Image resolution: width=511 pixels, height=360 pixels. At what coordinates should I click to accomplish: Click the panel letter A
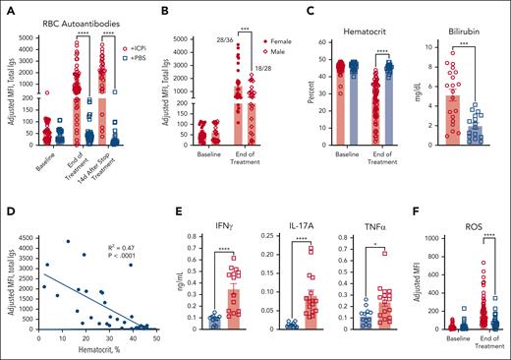point(8,11)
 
